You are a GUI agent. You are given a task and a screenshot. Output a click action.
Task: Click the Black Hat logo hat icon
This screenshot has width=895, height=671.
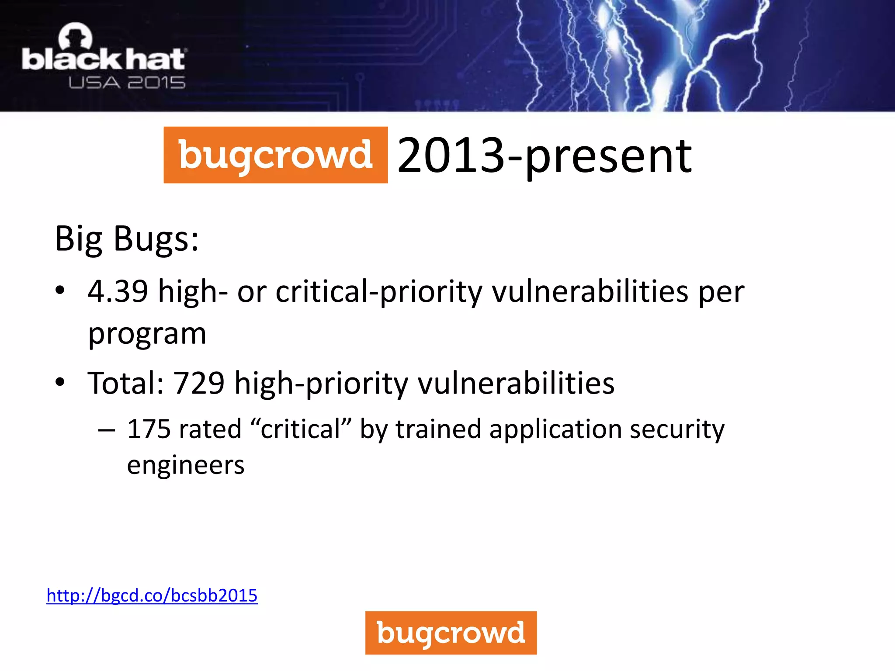coord(75,37)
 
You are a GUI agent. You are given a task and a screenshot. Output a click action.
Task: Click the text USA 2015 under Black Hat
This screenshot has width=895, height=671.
coord(127,83)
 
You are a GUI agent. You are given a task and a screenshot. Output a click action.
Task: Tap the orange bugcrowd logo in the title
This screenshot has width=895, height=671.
coord(275,155)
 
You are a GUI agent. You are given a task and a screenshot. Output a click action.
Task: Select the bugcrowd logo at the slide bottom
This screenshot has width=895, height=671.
coord(451,633)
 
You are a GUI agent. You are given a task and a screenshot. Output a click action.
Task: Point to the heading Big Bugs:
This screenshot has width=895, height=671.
coord(127,239)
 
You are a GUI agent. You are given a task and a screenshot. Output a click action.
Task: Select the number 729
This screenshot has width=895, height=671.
coord(199,383)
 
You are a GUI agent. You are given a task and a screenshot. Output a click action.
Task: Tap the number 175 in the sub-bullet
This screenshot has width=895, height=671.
coord(149,429)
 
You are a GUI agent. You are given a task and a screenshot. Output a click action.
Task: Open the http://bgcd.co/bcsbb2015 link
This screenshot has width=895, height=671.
coord(152,595)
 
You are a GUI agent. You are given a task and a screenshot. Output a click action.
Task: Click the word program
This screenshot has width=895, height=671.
coord(147,334)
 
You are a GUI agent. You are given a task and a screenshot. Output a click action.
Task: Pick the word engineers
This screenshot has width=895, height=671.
coord(186,465)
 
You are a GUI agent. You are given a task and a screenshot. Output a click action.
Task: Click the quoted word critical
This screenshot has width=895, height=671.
coord(301,429)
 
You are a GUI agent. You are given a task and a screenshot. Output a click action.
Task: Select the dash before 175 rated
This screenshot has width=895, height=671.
coord(107,430)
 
